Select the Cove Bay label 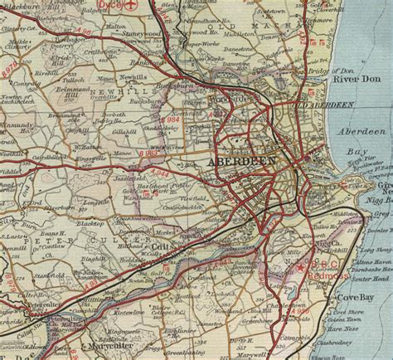pos(357,298)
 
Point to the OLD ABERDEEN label pos(322,105)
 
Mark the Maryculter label pos(110,346)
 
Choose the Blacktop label pos(90,224)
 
